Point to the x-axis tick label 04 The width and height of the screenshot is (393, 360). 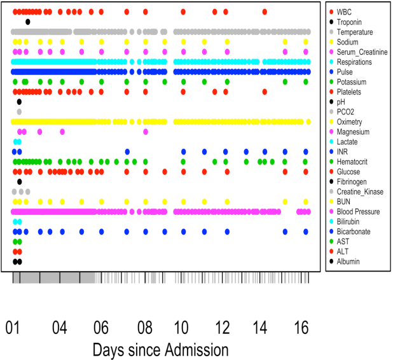point(59,328)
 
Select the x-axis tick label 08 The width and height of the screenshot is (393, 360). point(145,328)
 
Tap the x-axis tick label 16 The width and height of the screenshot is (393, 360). point(302,328)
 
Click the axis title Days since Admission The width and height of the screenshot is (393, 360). point(160,349)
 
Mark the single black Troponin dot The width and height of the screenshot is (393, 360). point(28,22)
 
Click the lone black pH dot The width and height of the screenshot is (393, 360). point(19,102)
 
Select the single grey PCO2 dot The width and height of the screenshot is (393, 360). point(19,112)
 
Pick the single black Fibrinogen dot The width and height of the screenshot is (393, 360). point(19,181)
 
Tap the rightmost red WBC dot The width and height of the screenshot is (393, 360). point(265,12)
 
